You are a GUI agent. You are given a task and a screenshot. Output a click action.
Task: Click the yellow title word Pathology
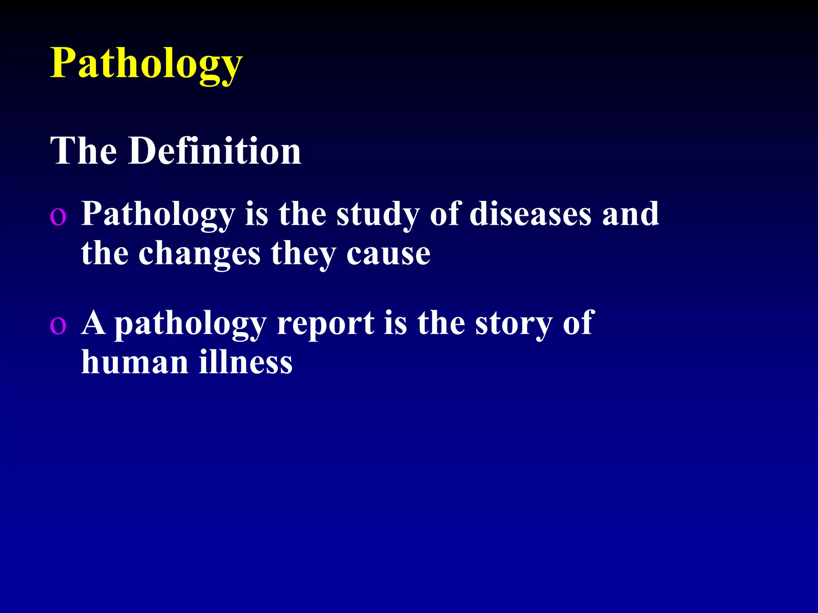point(146,64)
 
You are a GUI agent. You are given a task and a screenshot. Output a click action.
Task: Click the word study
point(378,215)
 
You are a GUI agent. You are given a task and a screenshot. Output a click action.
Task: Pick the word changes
point(199,254)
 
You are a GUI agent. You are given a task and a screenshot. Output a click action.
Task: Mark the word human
point(135,362)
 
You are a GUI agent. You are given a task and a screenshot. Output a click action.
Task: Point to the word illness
point(246,362)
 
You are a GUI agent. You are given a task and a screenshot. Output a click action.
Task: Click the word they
point(304,254)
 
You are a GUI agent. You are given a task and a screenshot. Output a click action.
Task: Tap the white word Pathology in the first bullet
point(158,215)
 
